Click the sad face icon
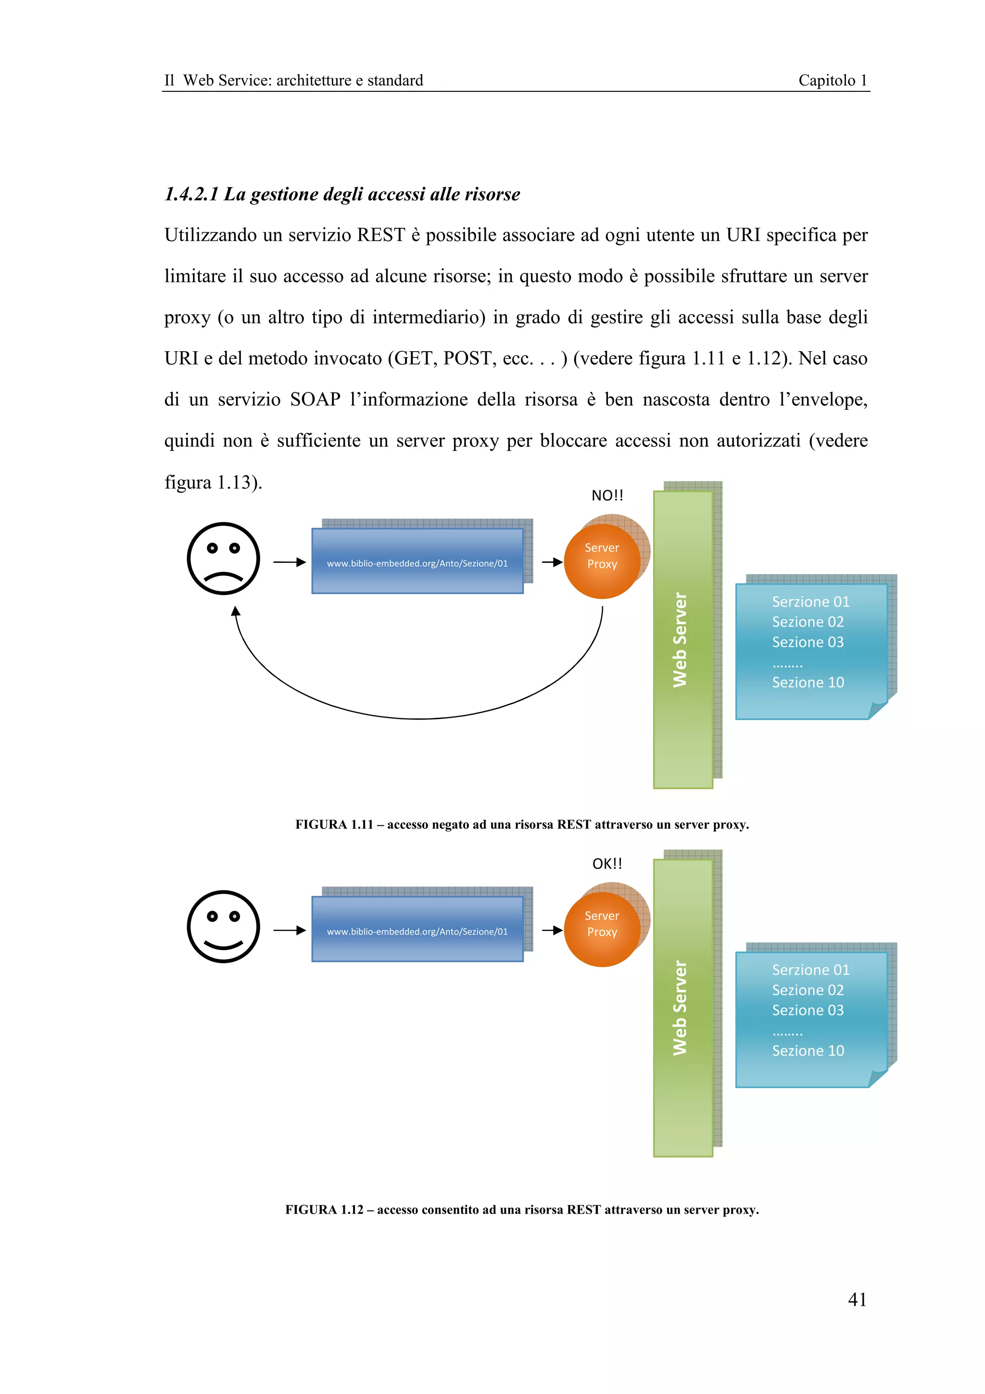tap(223, 558)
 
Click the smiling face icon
tap(223, 926)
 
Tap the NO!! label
tap(607, 495)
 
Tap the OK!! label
tap(607, 863)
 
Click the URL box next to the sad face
tap(417, 562)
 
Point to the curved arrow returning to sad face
tap(419, 718)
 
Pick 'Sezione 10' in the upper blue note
tap(808, 683)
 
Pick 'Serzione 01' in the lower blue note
tap(810, 970)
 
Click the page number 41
tap(857, 1299)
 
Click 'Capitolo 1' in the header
tap(832, 80)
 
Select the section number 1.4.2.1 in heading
tap(190, 194)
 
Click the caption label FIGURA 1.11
tap(334, 824)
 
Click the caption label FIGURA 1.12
tap(324, 1209)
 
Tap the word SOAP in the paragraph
tap(315, 400)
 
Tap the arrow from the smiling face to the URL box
tap(289, 930)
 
